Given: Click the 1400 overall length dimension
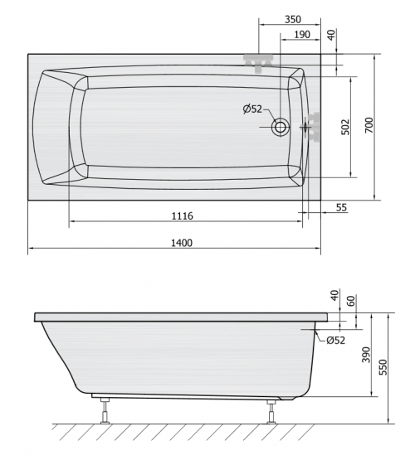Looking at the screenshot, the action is click(x=182, y=243).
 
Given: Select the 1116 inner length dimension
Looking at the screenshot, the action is click(x=182, y=216).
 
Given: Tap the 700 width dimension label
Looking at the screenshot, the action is click(x=369, y=125).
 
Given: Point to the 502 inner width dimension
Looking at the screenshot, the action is click(x=346, y=127).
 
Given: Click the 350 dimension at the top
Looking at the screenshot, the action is click(x=293, y=19).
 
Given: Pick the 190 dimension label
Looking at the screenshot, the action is click(x=302, y=35).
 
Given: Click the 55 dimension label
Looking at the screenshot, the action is click(x=341, y=208).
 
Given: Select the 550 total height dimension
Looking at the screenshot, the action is click(x=383, y=367).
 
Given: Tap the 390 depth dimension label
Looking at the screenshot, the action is click(x=366, y=355).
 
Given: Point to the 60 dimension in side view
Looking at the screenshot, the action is click(x=352, y=300).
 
